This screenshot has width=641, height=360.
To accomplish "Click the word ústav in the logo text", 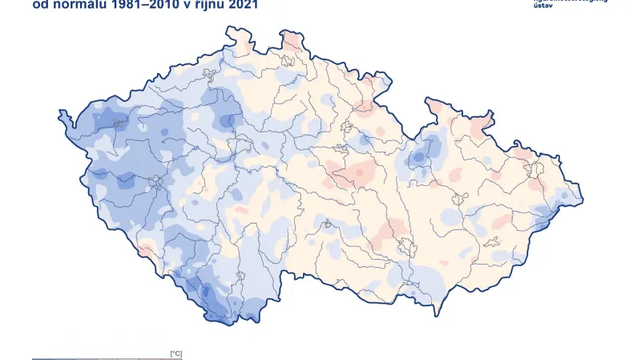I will point(544,5).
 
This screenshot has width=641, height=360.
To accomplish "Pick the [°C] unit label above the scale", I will point(175,353).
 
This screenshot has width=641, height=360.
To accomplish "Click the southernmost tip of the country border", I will point(214,325).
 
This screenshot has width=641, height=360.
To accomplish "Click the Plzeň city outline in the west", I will point(155,183).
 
